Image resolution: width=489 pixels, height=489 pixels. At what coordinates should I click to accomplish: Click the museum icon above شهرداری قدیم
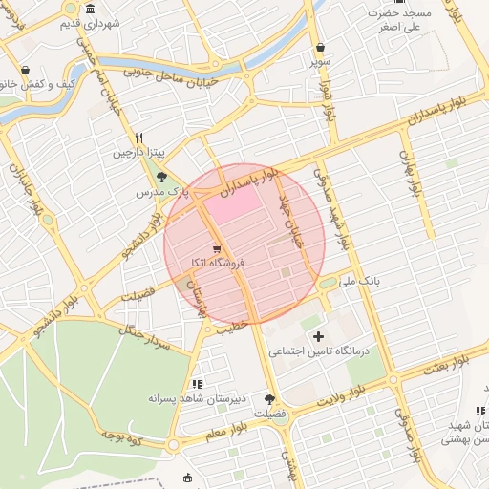pyautogui.click(x=90, y=9)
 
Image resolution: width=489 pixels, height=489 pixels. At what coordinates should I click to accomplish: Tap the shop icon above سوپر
pyautogui.click(x=319, y=48)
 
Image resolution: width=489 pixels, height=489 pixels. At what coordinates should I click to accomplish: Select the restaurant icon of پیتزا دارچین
pyautogui.click(x=139, y=138)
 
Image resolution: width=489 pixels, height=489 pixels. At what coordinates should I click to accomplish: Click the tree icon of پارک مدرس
pyautogui.click(x=161, y=177)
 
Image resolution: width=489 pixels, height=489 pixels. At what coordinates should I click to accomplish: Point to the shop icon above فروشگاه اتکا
pyautogui.click(x=219, y=248)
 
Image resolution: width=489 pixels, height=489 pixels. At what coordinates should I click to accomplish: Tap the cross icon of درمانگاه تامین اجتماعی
pyautogui.click(x=318, y=336)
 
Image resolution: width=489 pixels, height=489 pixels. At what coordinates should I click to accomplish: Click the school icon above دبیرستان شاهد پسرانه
pyautogui.click(x=196, y=383)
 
